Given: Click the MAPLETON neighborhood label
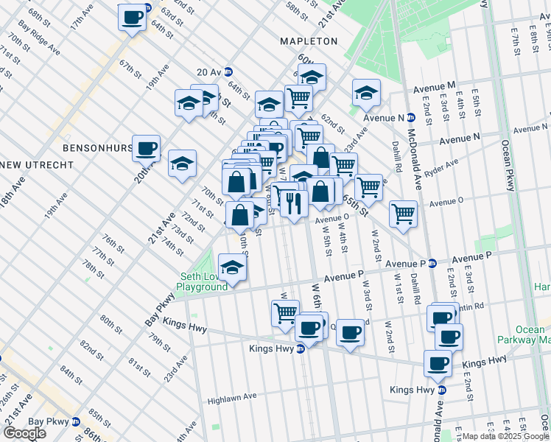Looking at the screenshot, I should point(308,41).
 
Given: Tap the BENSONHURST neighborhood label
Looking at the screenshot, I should point(96,148).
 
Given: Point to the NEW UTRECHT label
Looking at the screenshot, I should point(27,163).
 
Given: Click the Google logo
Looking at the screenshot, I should point(24,433).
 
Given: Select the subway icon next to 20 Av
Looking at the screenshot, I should point(228,72).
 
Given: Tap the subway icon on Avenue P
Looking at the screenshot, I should point(434,263).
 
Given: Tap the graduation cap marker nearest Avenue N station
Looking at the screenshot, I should point(365,92).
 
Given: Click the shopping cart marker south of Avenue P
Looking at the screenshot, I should point(285,312).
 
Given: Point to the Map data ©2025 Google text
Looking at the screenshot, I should point(501,436).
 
